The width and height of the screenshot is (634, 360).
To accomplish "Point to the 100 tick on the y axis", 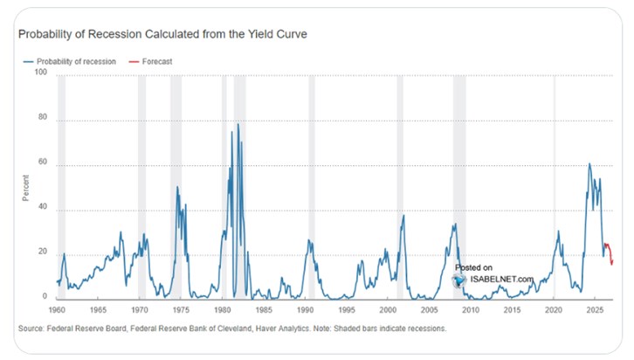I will click(x=40, y=75).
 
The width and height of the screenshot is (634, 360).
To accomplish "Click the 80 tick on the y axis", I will click(x=40, y=121).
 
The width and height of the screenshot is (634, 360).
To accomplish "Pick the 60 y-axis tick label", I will click(x=40, y=165).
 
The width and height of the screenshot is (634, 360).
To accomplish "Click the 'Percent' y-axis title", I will click(x=27, y=187).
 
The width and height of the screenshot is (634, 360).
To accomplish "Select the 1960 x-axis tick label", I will click(x=59, y=310).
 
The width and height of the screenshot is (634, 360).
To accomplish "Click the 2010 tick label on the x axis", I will click(x=471, y=310).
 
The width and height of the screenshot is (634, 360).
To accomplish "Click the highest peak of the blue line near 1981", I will click(x=238, y=124).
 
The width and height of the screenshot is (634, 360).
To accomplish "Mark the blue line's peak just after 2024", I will click(x=589, y=164).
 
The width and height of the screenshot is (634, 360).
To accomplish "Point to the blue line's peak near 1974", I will click(x=177, y=187).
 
